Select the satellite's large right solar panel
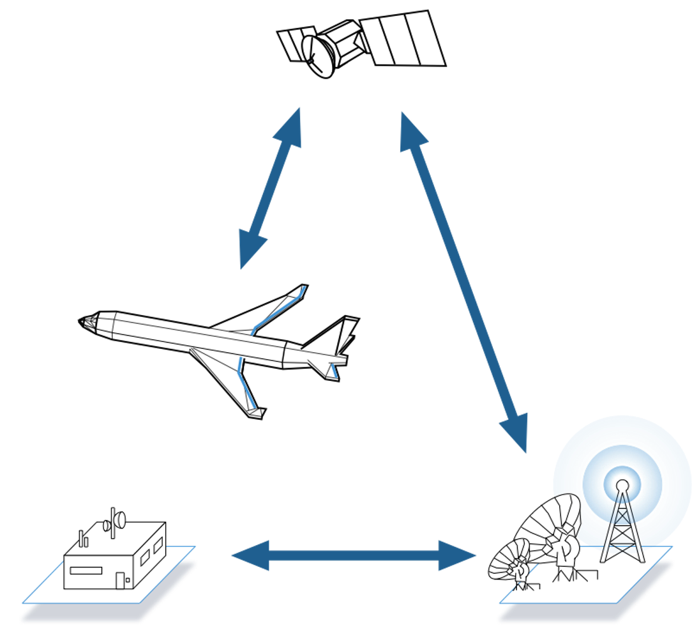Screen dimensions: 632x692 pos(403,38)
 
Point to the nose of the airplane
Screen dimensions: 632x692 pos(87,321)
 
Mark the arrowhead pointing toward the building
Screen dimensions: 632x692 pos(246,554)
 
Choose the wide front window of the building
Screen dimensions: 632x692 pos(86,570)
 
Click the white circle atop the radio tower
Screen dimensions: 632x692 pos(622,484)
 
